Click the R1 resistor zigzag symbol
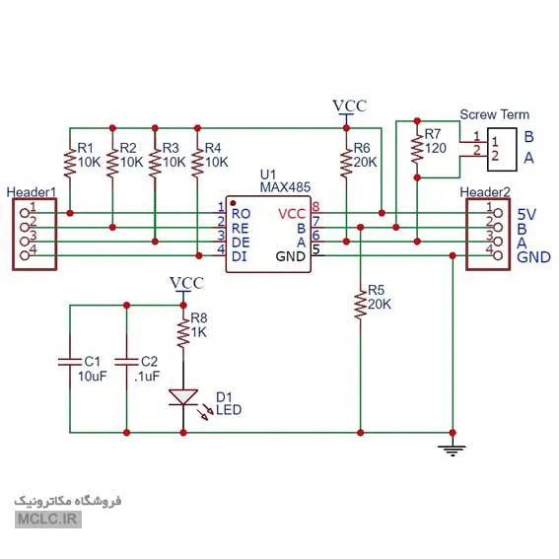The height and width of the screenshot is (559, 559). [x=70, y=163]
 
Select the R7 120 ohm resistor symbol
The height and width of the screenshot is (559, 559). [x=417, y=150]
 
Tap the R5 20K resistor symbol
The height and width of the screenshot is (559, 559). [x=360, y=305]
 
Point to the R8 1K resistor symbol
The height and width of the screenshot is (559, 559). [x=183, y=333]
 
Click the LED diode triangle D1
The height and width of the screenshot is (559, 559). [x=183, y=397]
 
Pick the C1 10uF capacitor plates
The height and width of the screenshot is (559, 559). [x=70, y=362]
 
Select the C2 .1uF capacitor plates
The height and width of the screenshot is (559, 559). [x=126, y=362]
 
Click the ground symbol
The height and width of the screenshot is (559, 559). [x=453, y=451]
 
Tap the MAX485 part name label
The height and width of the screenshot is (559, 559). [x=285, y=187]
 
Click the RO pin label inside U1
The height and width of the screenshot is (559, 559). [x=241, y=214]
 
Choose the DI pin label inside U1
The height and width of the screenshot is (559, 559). [x=240, y=256]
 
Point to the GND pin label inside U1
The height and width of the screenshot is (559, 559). [x=291, y=256]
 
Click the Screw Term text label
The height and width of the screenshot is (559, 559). [x=495, y=114]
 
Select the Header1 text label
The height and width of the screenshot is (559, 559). [x=32, y=192]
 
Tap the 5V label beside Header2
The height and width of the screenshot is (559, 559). [x=526, y=214]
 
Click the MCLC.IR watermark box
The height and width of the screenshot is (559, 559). [x=48, y=519]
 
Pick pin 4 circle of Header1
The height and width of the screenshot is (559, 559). [x=25, y=255]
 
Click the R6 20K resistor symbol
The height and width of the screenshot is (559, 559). [x=346, y=163]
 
